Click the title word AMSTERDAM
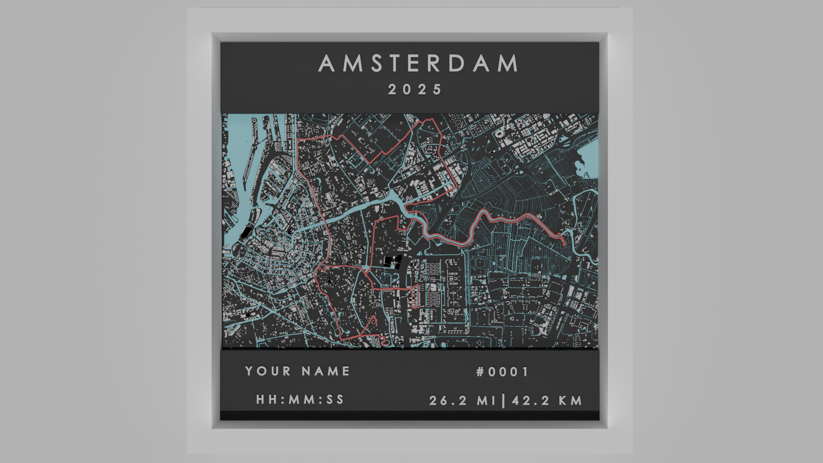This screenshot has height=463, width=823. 418,63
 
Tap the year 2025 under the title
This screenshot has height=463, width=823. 415,90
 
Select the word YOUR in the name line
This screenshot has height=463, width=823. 268,371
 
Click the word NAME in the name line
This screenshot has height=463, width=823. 326,371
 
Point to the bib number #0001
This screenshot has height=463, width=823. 502,372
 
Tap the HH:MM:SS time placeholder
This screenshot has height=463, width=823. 300,400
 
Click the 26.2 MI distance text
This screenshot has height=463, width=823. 462,401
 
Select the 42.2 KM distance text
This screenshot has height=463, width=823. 547,401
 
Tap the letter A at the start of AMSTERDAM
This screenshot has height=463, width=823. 327,63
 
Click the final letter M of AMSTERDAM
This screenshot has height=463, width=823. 510,63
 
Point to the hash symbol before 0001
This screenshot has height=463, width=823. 481,372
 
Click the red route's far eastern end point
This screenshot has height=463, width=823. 565,244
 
